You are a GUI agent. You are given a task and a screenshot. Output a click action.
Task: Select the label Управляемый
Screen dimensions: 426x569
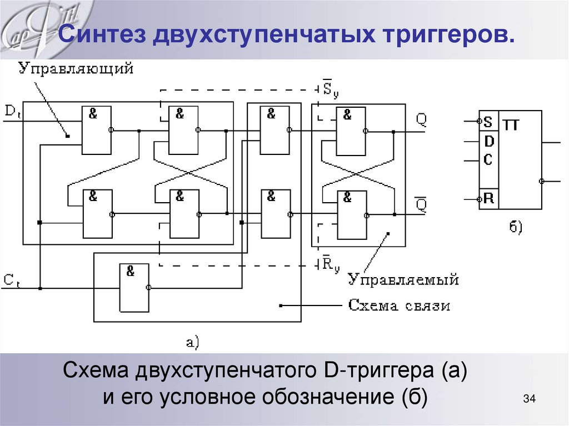point(403,279)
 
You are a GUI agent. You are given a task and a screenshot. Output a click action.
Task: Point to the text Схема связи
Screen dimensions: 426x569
point(399,305)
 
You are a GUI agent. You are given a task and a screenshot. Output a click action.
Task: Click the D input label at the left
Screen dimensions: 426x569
point(12,111)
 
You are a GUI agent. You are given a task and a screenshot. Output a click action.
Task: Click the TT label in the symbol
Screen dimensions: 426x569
point(512,126)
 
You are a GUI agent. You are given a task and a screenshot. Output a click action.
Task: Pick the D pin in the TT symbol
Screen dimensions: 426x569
point(488,142)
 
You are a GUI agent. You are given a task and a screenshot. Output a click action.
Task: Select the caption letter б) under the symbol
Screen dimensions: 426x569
point(515,227)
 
